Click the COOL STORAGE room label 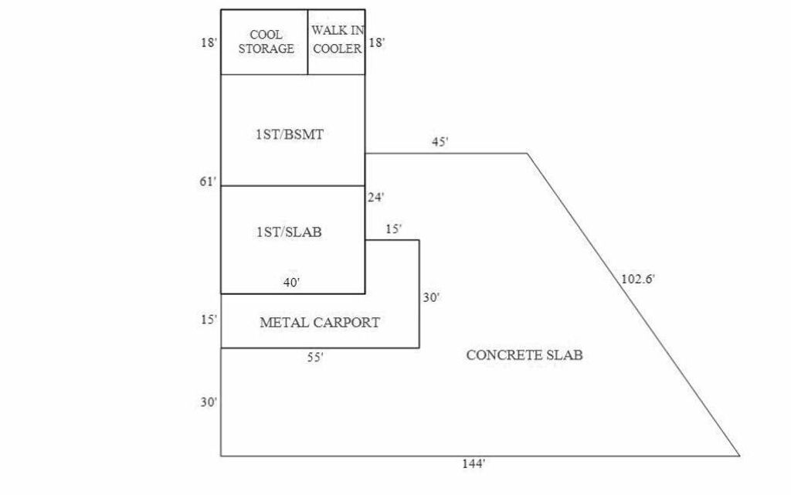click(266, 42)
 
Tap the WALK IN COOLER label click(338, 39)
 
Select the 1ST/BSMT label click(290, 134)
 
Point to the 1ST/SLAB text click(289, 232)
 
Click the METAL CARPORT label click(320, 322)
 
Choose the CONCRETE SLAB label click(525, 355)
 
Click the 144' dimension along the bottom click(474, 464)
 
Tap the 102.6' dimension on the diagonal click(637, 279)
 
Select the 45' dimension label click(440, 142)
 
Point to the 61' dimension click(208, 181)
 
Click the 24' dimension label click(376, 198)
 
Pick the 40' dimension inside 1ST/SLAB click(291, 283)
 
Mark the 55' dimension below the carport click(315, 358)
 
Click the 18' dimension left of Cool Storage click(209, 42)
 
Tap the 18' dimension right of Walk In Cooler click(377, 42)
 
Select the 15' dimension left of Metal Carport click(209, 320)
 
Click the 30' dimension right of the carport click(431, 298)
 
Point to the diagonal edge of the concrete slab click(633, 304)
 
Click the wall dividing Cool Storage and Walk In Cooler click(307, 42)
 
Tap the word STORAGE click(266, 49)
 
